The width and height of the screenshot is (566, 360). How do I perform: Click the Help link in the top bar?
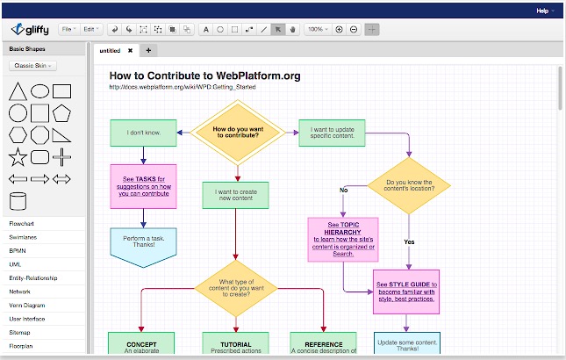coord(543,11)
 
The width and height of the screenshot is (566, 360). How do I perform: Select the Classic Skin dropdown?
coord(33,66)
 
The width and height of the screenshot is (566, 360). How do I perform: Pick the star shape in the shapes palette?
coord(17,157)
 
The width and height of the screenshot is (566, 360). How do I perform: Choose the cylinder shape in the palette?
coord(17,201)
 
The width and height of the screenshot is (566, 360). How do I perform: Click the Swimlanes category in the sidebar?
coord(22,237)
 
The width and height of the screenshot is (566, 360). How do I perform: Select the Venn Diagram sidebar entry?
coord(26,305)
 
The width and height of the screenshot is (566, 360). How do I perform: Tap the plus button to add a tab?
coord(148,50)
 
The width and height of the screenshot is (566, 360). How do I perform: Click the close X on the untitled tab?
coord(130,51)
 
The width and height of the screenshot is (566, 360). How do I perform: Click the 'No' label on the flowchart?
coord(344,190)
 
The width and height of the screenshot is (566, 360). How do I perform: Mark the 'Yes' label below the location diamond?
coord(408,241)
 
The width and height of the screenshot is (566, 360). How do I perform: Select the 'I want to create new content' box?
coord(235,195)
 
